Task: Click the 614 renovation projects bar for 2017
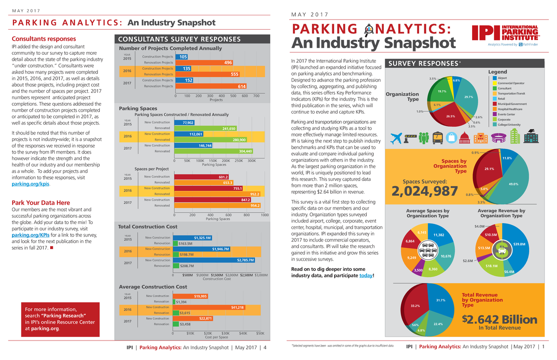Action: (x=211, y=86)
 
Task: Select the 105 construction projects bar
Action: (x=182, y=57)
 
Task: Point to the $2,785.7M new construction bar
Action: (x=217, y=260)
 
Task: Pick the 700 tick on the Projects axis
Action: (x=256, y=96)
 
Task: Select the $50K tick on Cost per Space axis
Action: (x=260, y=333)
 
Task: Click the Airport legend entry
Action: (x=502, y=78)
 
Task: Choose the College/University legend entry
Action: (x=508, y=124)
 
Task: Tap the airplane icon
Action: (x=396, y=138)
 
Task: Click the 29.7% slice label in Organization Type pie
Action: (x=468, y=97)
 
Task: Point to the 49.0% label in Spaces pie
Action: (x=513, y=184)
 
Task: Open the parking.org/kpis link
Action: (x=30, y=184)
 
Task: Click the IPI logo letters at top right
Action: (x=486, y=32)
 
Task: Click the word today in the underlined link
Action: (x=366, y=276)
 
